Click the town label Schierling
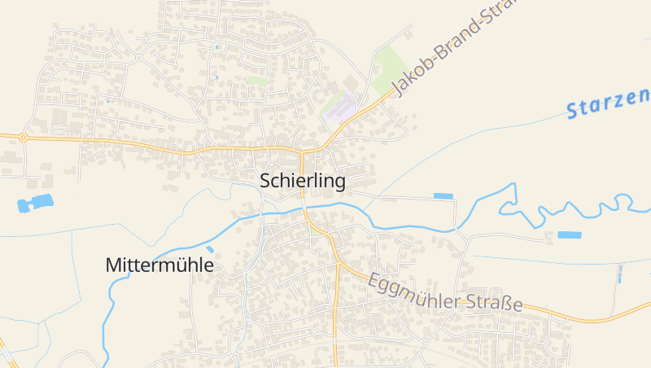click(x=303, y=181)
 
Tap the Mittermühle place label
click(x=159, y=265)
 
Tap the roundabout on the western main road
click(x=23, y=138)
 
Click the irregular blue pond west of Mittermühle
click(x=35, y=203)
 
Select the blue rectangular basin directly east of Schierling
click(x=443, y=195)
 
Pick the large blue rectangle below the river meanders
click(x=570, y=234)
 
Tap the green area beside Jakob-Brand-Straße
click(x=390, y=68)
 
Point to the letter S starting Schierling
click(x=266, y=181)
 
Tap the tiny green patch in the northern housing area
click(x=257, y=81)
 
